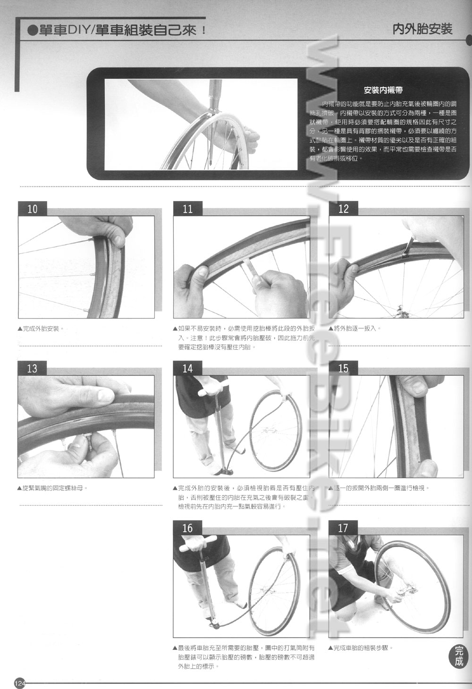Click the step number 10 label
32,209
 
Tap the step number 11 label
188,209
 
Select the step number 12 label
343,209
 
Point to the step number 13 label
32,368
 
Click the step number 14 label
188,368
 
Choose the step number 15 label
343,368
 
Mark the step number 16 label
188,528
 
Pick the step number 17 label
343,528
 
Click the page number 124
20,683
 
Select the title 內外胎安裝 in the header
422,29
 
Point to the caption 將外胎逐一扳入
356,328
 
